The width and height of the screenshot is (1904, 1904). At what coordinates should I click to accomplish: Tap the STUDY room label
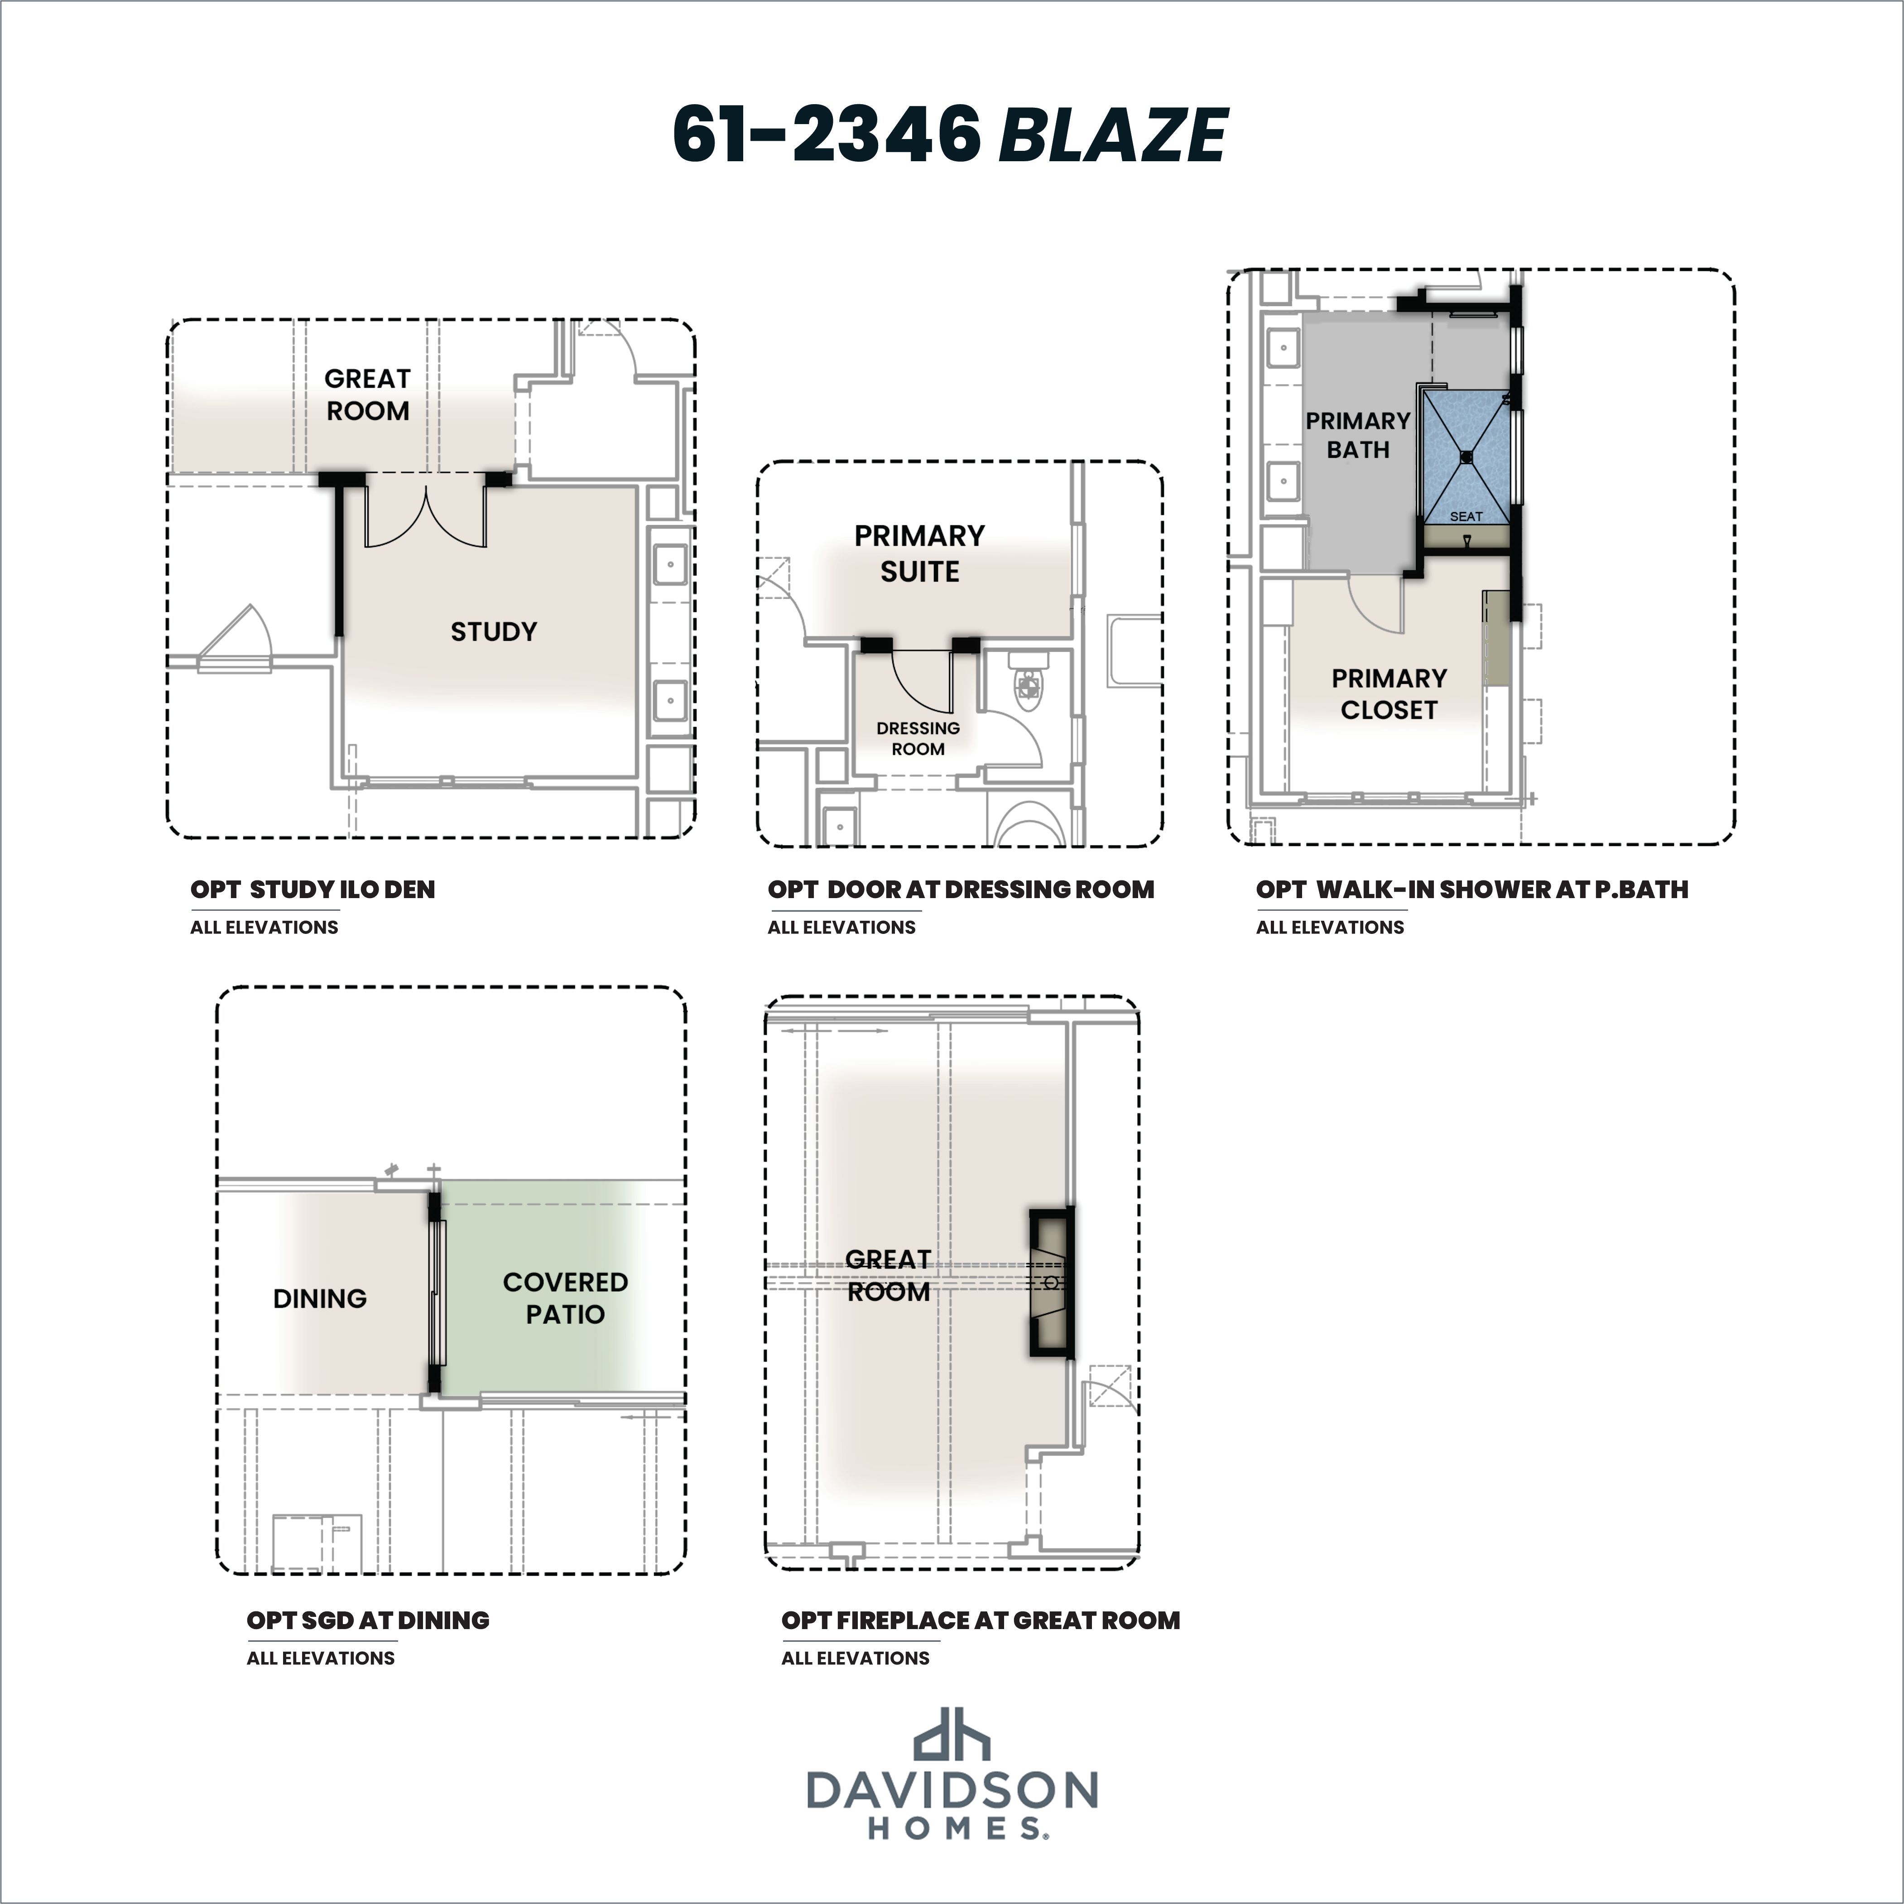(x=494, y=632)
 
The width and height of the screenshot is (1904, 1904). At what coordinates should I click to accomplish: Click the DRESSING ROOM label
(x=918, y=738)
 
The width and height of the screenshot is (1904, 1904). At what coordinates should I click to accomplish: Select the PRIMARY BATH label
(x=1358, y=435)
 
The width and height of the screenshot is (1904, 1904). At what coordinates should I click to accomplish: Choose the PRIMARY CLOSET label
(x=1389, y=694)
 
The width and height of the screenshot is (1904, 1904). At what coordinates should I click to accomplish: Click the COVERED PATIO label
(x=565, y=1298)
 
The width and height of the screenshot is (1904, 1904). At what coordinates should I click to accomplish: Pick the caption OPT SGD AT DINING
(x=368, y=1620)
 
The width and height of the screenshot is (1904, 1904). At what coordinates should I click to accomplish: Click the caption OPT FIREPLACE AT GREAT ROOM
(x=981, y=1620)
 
